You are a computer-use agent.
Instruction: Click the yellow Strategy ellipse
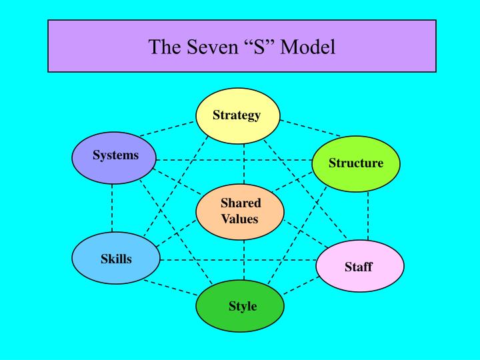tap(238, 116)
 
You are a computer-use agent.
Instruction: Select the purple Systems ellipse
tap(114, 157)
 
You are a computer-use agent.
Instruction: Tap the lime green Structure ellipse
tap(356, 164)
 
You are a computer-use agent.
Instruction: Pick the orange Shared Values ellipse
tap(240, 212)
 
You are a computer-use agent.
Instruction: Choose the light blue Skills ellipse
tap(116, 258)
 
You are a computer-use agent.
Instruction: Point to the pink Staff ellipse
tap(360, 266)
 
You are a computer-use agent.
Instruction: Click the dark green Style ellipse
tap(240, 306)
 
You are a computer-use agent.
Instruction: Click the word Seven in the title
tap(213, 47)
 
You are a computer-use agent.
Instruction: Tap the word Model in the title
tap(307, 47)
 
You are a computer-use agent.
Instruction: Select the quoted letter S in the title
tap(259, 47)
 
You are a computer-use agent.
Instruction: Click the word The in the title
tap(165, 47)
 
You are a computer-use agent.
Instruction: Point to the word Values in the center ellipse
tap(240, 219)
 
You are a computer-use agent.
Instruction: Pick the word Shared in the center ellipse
tap(241, 203)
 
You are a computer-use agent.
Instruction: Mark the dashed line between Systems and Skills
tap(112, 208)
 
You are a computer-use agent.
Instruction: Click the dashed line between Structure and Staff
tap(368, 216)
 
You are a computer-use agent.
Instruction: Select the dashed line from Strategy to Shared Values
tap(244, 164)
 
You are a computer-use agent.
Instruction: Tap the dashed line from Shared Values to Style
tap(244, 260)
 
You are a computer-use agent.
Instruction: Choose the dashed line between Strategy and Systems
tap(167, 129)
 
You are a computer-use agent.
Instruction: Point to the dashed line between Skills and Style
tap(171, 288)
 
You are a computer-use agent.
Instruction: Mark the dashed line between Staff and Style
tap(301, 285)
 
